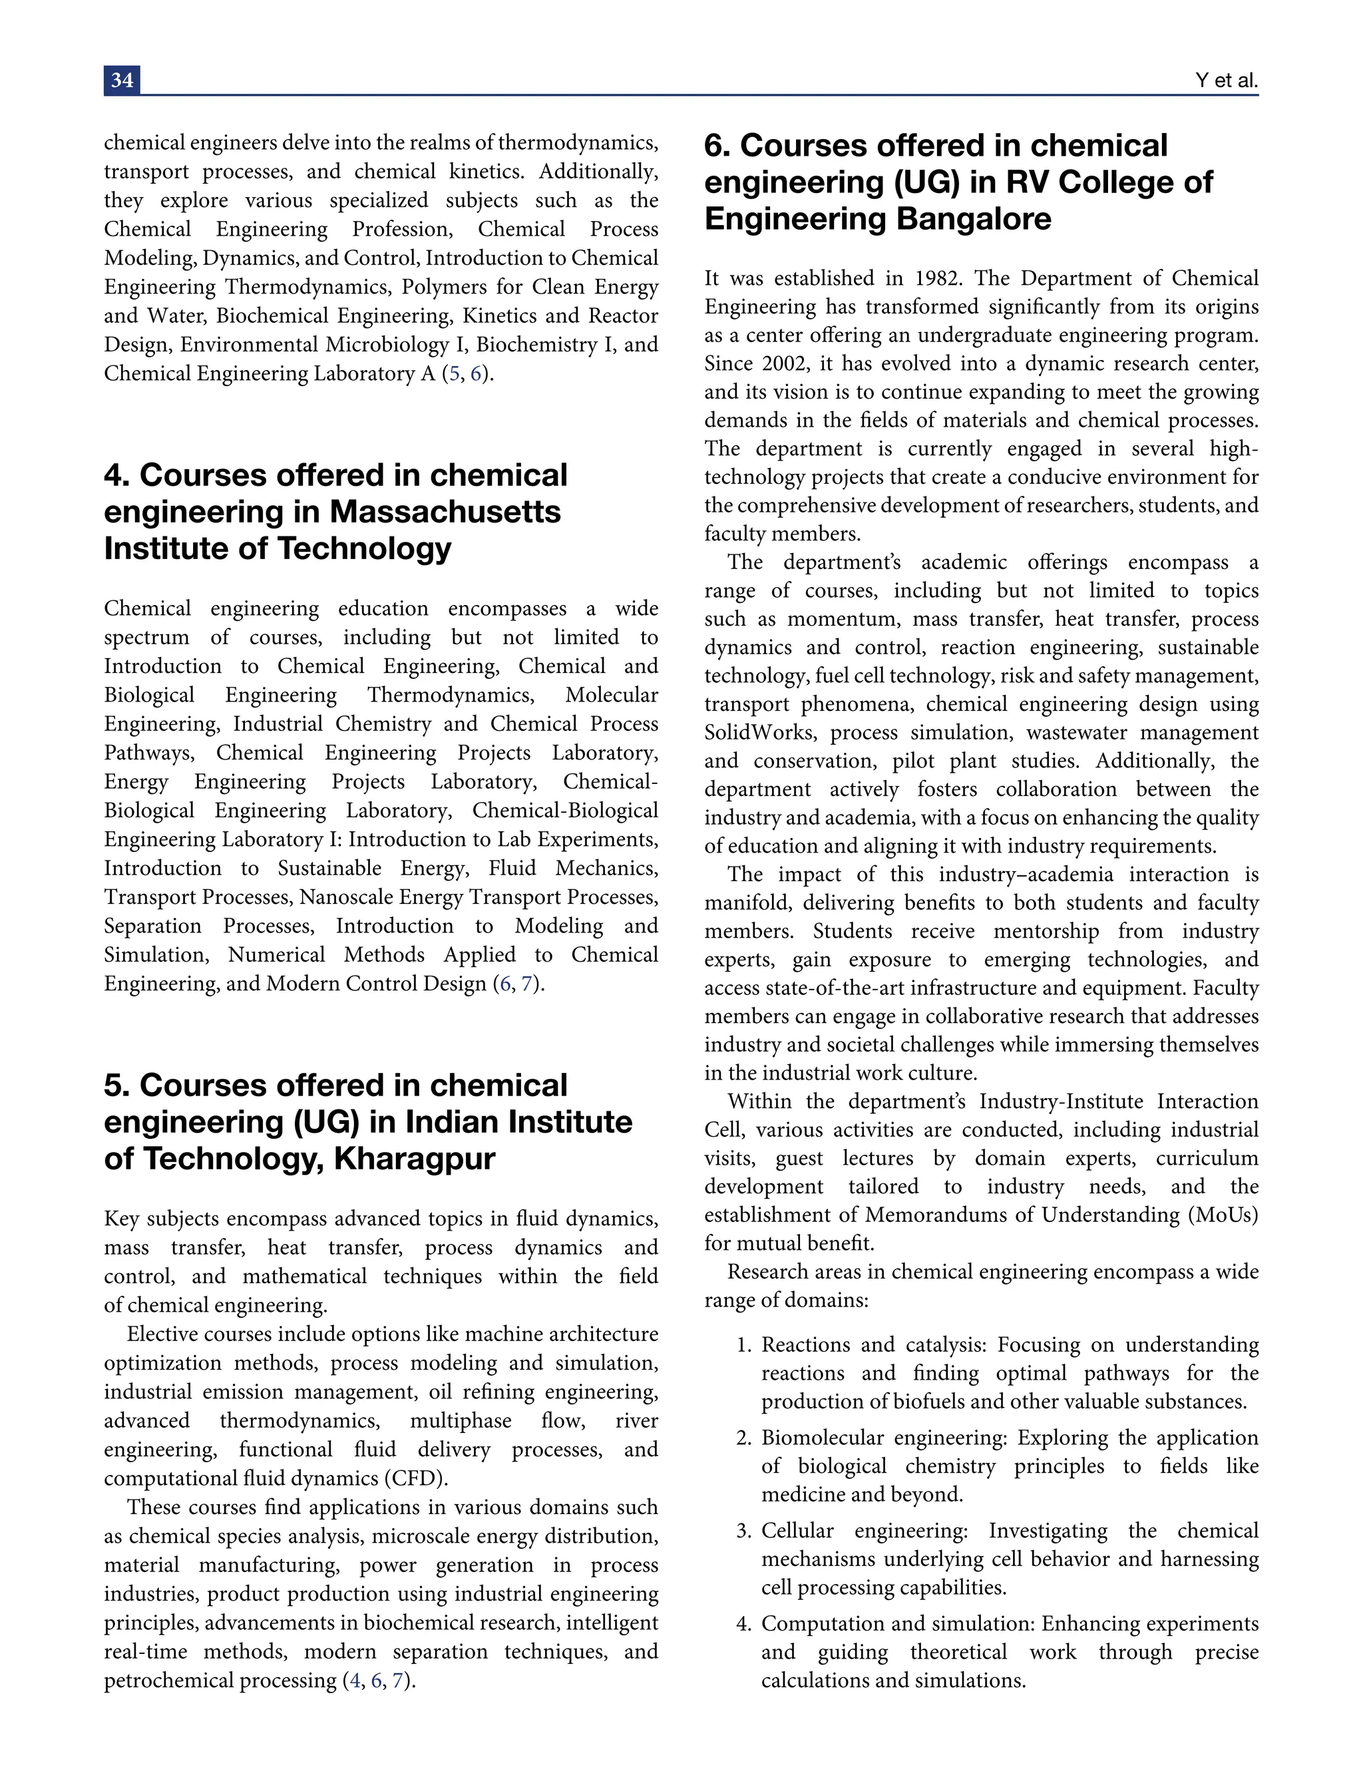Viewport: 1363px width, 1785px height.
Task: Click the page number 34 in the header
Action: (x=122, y=81)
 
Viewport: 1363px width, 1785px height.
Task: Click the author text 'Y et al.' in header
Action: (x=1226, y=81)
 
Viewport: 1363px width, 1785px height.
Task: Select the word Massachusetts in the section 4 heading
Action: (x=445, y=512)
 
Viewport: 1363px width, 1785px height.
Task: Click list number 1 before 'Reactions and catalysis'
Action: (x=744, y=1345)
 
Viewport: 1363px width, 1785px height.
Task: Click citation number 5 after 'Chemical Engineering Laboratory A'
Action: (x=453, y=374)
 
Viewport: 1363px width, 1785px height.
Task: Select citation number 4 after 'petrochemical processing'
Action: (x=355, y=1681)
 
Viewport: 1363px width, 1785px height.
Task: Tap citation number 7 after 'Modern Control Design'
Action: (x=526, y=984)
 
